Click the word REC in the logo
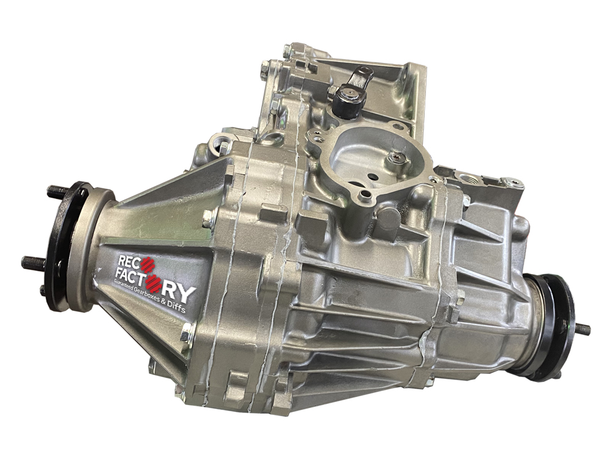point(129,261)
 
